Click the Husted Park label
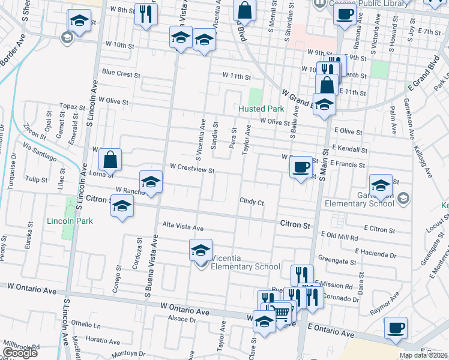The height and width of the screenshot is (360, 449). tap(261, 109)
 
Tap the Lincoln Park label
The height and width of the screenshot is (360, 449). tap(70, 221)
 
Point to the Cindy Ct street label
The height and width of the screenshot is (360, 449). tap(252, 203)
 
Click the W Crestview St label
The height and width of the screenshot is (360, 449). tap(192, 169)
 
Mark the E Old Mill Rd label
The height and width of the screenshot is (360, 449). tap(340, 237)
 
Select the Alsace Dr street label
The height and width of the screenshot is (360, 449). tap(182, 319)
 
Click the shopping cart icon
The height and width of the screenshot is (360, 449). tap(280, 311)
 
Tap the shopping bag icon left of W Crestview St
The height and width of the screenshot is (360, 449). tap(110, 160)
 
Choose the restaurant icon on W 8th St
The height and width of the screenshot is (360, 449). tap(146, 14)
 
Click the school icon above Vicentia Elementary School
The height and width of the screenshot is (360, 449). tap(201, 250)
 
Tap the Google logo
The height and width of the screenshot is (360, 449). tap(20, 353)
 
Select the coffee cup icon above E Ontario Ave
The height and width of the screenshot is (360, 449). tap(395, 328)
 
